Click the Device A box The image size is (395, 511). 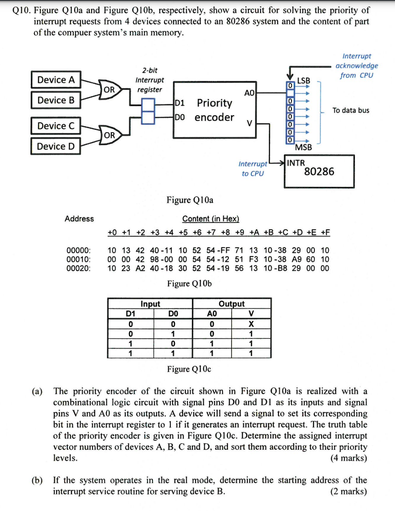(x=56, y=80)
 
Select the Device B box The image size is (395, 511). (x=56, y=100)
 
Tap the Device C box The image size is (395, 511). (x=56, y=126)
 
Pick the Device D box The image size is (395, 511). (x=56, y=146)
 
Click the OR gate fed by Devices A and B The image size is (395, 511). (x=110, y=89)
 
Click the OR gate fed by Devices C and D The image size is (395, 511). (x=110, y=135)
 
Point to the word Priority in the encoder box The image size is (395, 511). (x=214, y=103)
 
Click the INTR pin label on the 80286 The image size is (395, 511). (x=296, y=163)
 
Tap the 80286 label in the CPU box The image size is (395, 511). (x=319, y=172)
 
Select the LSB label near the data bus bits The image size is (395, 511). (x=304, y=81)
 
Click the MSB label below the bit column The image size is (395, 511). (x=303, y=148)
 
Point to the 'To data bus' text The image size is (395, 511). (x=351, y=110)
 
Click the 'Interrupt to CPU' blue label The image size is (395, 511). (x=253, y=168)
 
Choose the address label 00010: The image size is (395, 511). (x=79, y=259)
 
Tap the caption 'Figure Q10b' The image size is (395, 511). (x=189, y=283)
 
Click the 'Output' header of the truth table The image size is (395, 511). (x=232, y=304)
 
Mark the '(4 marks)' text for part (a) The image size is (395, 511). (x=349, y=458)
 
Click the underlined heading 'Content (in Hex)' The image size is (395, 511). (x=211, y=219)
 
